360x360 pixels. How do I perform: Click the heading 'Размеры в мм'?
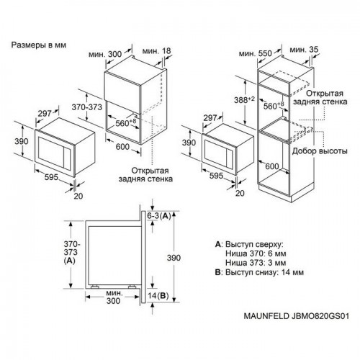click(39, 44)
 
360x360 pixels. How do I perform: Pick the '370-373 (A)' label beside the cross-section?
click(69, 252)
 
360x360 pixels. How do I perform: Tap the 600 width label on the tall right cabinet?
click(291, 167)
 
